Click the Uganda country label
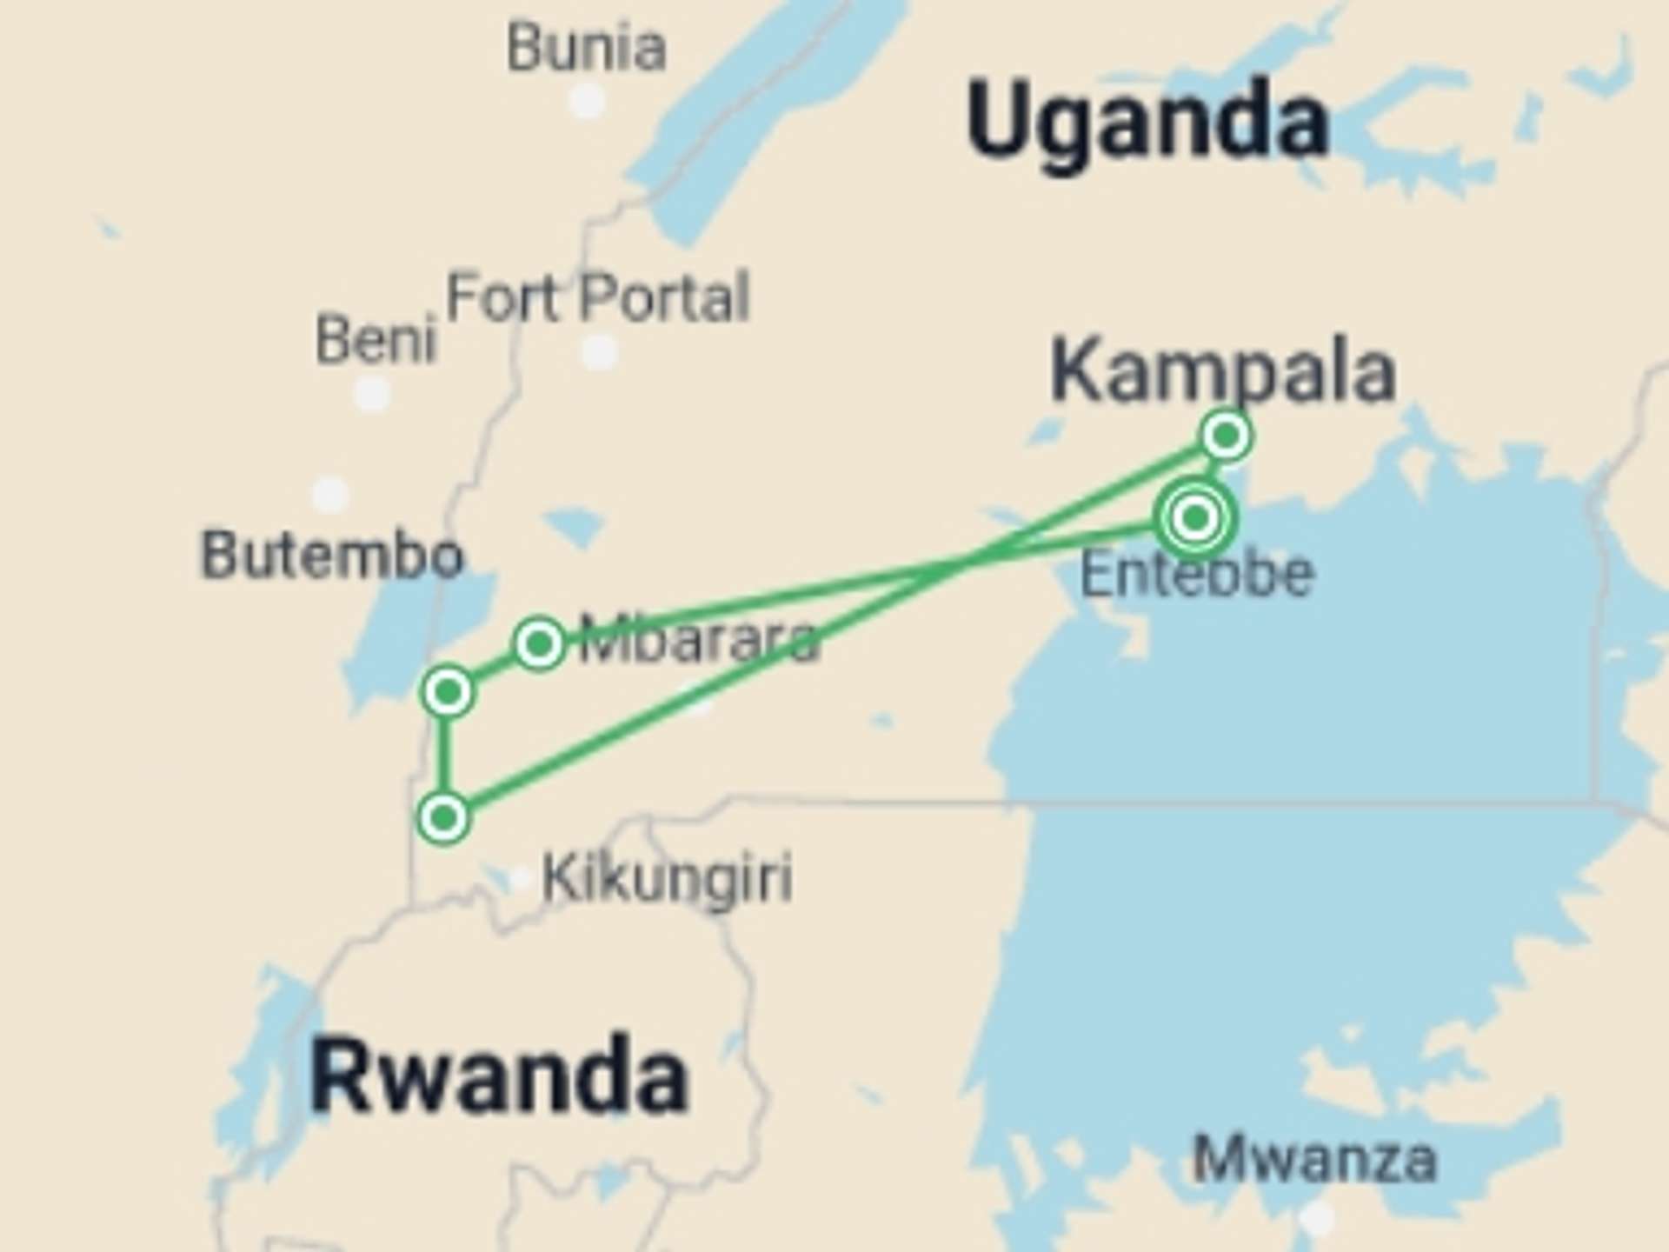click(1147, 122)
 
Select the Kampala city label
click(1223, 372)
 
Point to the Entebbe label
click(1196, 574)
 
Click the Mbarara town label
click(699, 640)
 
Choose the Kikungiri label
click(667, 878)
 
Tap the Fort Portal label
click(597, 297)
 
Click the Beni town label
click(376, 339)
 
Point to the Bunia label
click(587, 48)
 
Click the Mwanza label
click(1314, 1158)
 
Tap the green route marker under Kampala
click(1226, 435)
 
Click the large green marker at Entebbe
click(1196, 518)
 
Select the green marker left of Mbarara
click(539, 643)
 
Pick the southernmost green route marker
click(444, 817)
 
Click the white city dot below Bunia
click(587, 102)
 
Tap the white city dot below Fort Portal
click(599, 353)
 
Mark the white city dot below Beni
click(373, 394)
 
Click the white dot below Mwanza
click(1318, 1217)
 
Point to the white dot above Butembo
click(329, 494)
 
